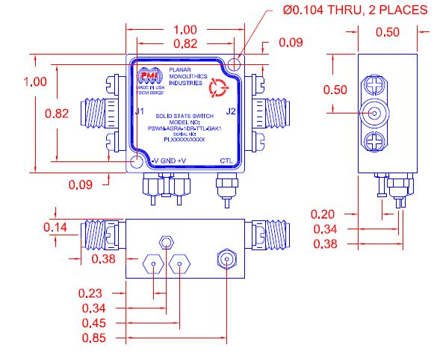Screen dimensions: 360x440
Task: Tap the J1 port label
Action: (x=139, y=112)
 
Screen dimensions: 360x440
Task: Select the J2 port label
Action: (x=231, y=112)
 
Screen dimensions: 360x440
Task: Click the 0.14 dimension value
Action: (x=56, y=227)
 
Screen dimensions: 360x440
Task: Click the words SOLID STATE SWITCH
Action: (x=185, y=117)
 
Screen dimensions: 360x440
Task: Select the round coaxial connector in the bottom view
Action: (x=227, y=259)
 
